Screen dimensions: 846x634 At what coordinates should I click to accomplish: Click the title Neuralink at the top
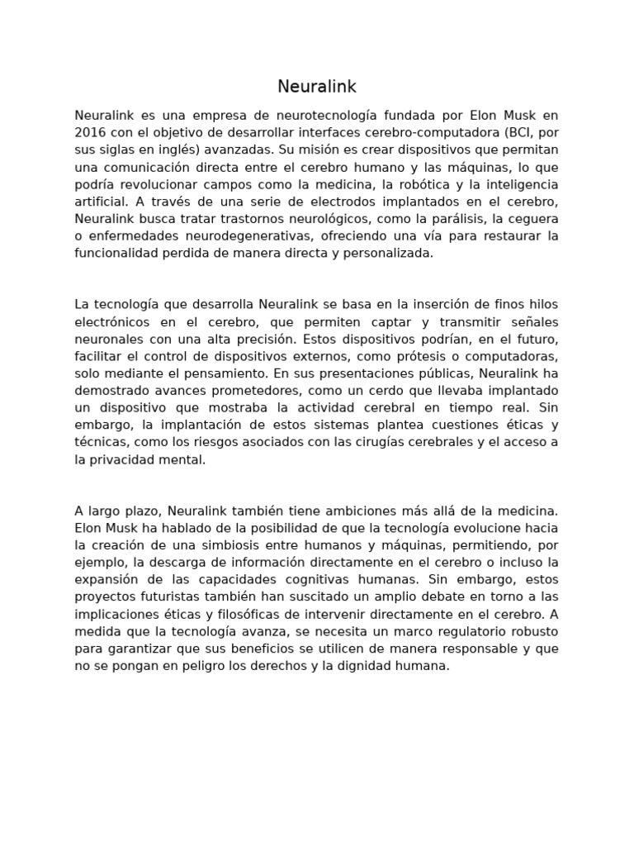[317, 87]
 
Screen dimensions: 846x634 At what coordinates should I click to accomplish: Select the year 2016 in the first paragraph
[90, 132]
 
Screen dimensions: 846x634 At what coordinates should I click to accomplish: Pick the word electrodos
[330, 202]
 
